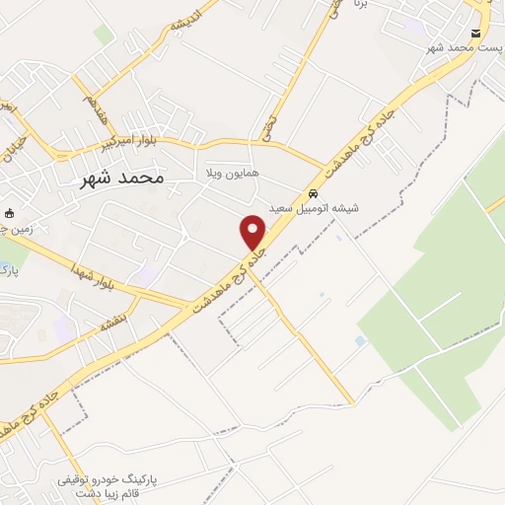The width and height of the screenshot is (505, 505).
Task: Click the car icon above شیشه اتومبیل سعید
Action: (313, 193)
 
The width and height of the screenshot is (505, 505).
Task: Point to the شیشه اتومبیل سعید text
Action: (315, 208)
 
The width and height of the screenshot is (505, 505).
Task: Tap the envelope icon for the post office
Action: (475, 34)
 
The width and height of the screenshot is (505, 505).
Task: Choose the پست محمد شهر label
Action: (460, 46)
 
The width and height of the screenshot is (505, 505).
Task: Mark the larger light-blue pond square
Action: (360, 340)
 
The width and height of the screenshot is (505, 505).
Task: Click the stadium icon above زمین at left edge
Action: (11, 212)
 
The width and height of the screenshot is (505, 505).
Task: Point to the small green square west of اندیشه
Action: (104, 35)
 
